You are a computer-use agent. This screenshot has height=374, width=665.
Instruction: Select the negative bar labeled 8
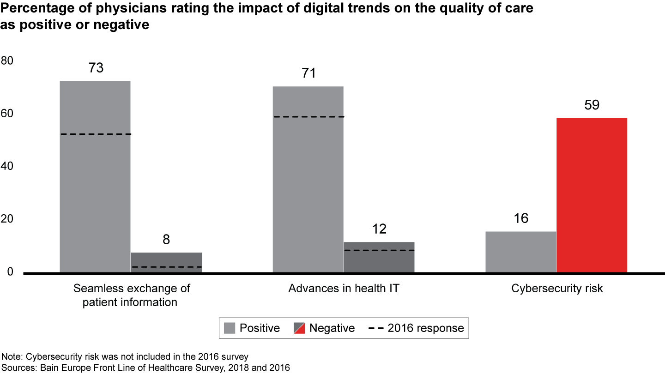(166, 263)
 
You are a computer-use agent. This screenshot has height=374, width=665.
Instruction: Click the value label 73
(96, 68)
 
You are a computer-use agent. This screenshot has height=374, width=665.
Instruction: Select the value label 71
(308, 73)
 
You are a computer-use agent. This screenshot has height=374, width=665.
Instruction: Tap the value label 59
(592, 105)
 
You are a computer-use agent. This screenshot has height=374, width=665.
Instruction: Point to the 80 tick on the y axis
(8, 60)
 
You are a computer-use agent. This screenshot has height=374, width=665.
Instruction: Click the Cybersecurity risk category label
(557, 289)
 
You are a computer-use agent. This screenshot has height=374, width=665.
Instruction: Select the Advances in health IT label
(344, 289)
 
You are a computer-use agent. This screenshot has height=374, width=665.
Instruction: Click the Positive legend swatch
(230, 328)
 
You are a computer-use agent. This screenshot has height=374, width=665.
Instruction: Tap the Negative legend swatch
(299, 328)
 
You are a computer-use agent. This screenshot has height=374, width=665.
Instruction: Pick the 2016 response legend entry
(416, 328)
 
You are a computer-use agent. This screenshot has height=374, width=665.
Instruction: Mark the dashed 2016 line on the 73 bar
(96, 134)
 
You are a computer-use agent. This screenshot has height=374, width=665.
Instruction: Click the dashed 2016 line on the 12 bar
(379, 250)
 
